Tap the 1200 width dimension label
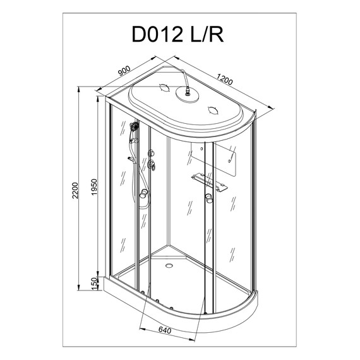pos(227,81)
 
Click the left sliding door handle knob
pos(145,193)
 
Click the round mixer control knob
pos(152,166)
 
